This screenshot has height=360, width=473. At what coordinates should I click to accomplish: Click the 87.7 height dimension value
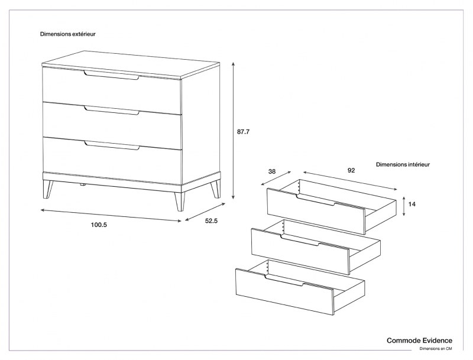click(x=244, y=132)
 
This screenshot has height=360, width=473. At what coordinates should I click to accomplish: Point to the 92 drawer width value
click(x=351, y=170)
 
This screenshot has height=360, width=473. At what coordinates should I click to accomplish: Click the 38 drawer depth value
click(x=272, y=171)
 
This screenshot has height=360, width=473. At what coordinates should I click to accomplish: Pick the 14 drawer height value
click(x=412, y=204)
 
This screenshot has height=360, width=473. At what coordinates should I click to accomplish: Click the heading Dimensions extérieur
click(x=68, y=34)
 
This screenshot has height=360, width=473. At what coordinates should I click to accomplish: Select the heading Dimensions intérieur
click(x=403, y=164)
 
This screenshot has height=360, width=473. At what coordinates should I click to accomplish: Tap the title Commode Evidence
click(x=419, y=340)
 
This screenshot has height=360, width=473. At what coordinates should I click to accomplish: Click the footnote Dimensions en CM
click(x=436, y=349)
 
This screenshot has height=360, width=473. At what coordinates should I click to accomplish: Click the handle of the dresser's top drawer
click(x=111, y=75)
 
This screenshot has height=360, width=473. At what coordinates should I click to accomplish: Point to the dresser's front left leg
click(x=48, y=189)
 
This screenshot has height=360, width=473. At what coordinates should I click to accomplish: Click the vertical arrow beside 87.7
click(x=234, y=131)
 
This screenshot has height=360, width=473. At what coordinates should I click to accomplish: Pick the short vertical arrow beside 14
click(x=403, y=205)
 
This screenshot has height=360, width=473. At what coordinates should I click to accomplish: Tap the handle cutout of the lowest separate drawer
click(x=284, y=281)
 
